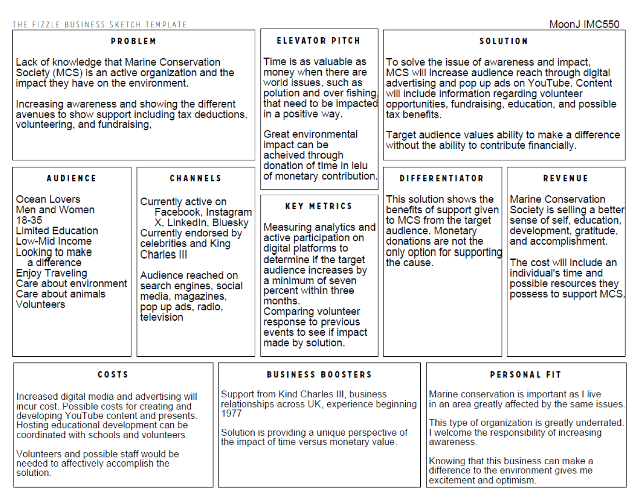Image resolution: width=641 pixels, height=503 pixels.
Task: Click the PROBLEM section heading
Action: coord(133,41)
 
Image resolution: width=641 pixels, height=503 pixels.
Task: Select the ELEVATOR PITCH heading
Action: coord(319,41)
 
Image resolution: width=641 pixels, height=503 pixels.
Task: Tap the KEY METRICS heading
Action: coord(319,206)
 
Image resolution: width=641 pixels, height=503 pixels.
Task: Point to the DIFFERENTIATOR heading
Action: coord(442,178)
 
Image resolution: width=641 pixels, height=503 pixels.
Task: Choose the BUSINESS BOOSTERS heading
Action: coord(319,375)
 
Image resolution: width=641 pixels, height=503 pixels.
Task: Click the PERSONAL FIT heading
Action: coord(525,375)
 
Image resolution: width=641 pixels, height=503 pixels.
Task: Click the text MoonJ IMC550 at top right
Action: coord(584,24)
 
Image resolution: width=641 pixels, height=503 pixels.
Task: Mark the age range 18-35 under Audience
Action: coord(29,220)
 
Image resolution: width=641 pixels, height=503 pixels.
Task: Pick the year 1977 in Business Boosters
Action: coord(231,413)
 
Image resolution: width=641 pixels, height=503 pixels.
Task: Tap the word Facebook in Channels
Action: coord(177,212)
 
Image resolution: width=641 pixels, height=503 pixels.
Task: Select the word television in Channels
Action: coord(162,317)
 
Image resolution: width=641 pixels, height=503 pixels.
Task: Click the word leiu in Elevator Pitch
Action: coord(359,166)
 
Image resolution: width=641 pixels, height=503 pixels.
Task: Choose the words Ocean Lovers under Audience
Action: coord(48,199)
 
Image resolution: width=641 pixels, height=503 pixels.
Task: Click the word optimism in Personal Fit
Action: coord(518,480)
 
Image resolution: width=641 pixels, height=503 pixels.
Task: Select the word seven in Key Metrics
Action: coord(343,281)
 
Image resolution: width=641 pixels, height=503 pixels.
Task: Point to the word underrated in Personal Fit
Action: coord(598,423)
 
